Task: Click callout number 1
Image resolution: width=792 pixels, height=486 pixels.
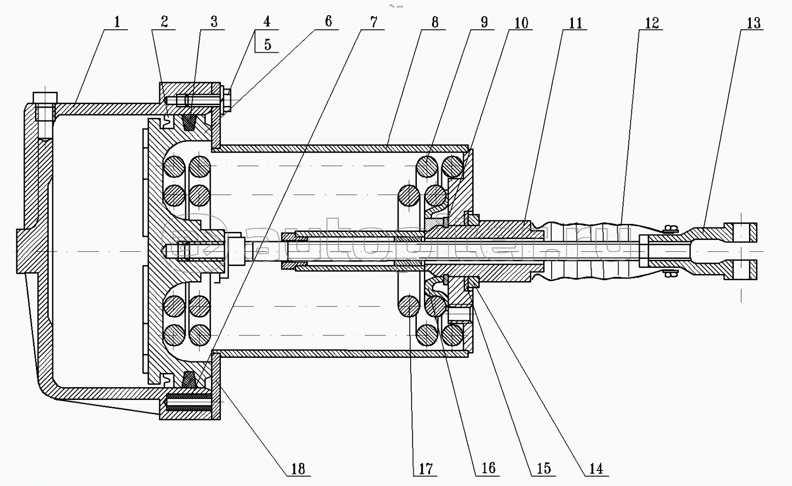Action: coord(117,22)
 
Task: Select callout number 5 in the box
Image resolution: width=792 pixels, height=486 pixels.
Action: coord(267,44)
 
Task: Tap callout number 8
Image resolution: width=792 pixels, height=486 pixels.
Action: coord(435,22)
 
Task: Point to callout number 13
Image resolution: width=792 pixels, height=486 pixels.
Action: coord(753,23)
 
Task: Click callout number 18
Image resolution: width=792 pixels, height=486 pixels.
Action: coord(298,469)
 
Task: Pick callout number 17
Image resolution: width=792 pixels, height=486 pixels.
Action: coord(425,469)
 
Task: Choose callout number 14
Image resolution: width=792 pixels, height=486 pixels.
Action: coord(596,468)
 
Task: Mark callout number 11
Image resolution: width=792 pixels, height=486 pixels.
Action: coord(575,23)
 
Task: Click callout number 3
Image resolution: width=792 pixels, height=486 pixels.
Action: coord(214,22)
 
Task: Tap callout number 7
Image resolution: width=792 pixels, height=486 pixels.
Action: coord(374,22)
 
